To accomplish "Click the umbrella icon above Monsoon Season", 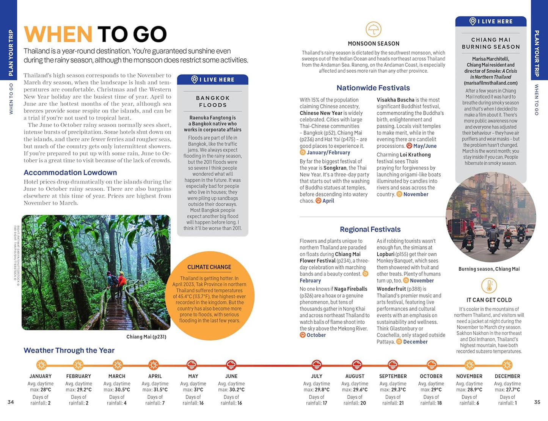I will (373, 29).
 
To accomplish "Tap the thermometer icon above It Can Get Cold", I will (489, 286).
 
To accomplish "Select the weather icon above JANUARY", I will (41, 365).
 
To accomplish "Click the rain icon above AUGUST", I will (356, 365).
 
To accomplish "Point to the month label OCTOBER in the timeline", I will (431, 376).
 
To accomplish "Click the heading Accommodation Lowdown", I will (70, 173).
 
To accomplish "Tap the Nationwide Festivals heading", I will (373, 88).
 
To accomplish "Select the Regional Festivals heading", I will (370, 229).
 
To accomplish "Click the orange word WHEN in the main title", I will (58, 34).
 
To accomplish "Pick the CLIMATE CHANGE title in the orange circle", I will (209, 267).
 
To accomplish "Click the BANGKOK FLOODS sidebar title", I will (213, 101).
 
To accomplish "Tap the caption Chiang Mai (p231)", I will (146, 337).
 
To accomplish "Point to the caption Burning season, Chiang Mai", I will (489, 269).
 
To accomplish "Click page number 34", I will (11, 402).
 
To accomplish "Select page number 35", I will (537, 402).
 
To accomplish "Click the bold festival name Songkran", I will (335, 168).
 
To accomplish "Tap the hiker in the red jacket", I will (122, 281).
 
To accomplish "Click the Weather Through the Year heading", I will (69, 351).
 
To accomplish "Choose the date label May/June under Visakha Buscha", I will (425, 146).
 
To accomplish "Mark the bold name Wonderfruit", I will (391, 289).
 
